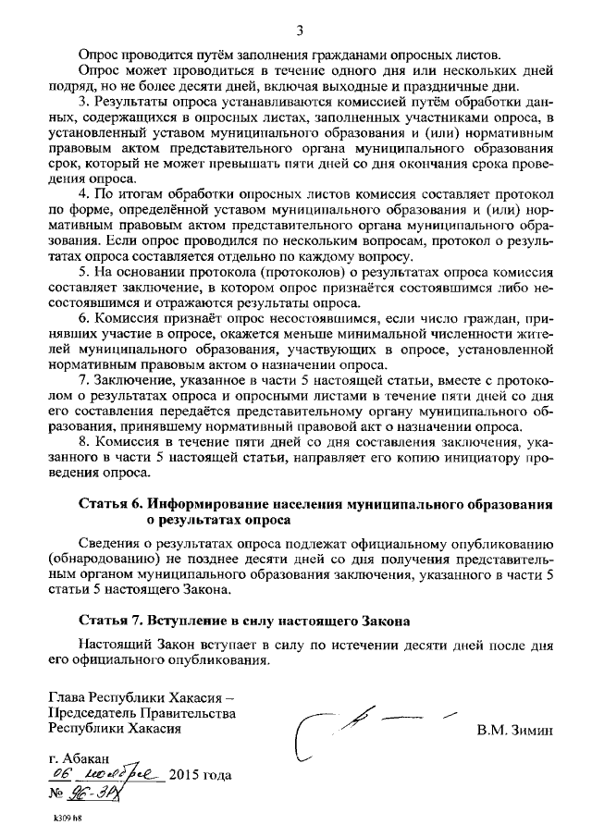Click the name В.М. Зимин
tap(513, 730)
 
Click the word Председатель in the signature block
tap(92, 713)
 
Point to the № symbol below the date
tap(57, 794)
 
